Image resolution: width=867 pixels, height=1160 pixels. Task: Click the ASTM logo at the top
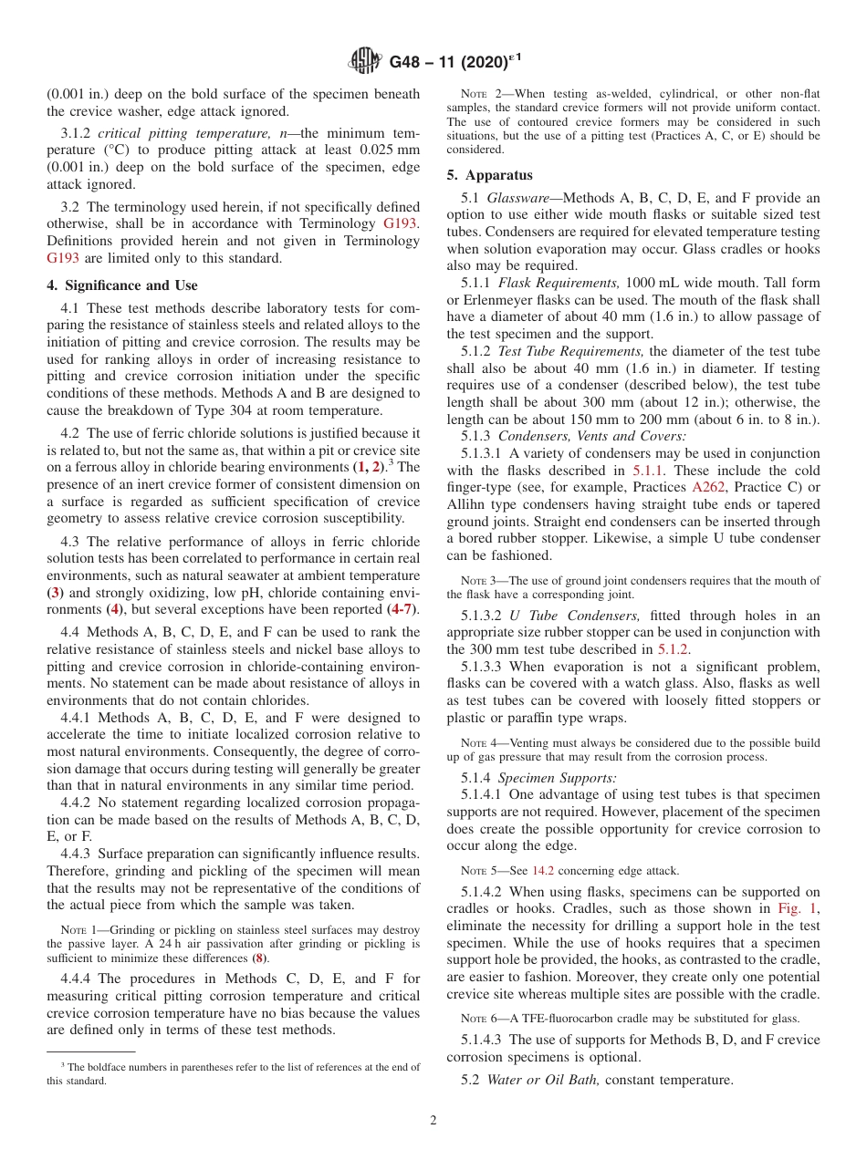coord(365,61)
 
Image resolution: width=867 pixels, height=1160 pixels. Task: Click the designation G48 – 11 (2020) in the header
coord(447,63)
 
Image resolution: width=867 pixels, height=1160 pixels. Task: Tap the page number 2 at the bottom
coord(433,1121)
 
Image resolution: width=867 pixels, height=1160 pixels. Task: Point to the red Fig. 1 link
coord(798,909)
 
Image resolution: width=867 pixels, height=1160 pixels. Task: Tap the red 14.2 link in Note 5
coord(544,871)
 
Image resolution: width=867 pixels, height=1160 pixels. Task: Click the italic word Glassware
coord(517,198)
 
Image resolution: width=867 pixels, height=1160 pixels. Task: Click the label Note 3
coord(477,581)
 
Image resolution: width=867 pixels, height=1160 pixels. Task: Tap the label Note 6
coord(477,1019)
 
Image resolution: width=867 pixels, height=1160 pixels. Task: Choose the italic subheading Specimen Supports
coord(557,778)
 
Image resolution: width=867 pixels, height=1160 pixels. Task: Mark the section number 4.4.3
coord(76,854)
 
